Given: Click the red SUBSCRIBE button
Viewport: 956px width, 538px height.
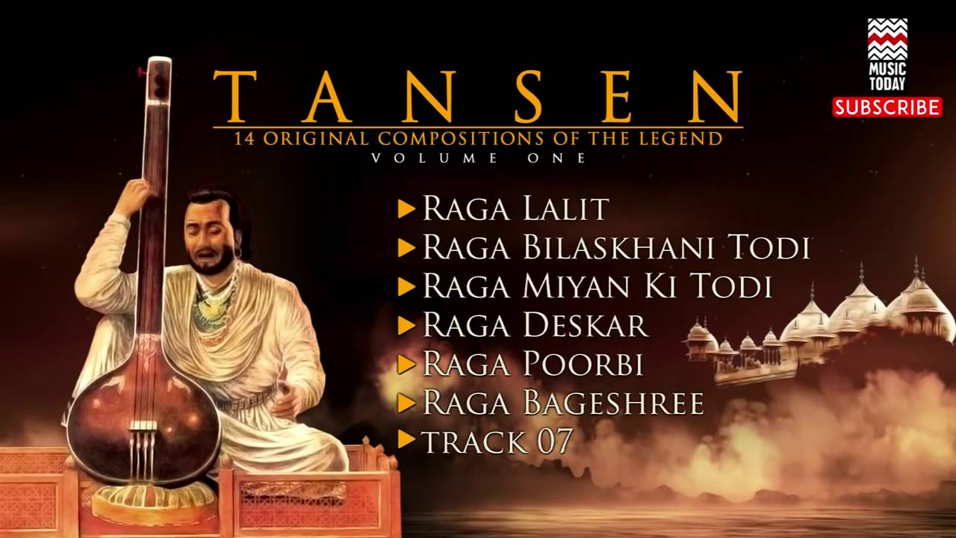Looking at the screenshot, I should click(887, 107).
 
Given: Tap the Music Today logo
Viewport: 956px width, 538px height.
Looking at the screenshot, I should click(887, 55).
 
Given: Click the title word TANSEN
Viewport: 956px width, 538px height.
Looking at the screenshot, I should click(478, 96).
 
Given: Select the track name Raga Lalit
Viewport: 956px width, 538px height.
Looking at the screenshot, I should click(515, 208).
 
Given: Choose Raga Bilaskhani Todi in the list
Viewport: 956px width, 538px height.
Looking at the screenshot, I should click(615, 247).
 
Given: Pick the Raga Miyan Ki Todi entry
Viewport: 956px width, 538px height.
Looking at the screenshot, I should click(597, 286).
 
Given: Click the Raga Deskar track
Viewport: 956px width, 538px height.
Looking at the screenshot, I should click(535, 325).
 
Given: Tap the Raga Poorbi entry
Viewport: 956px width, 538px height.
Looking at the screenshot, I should click(533, 364).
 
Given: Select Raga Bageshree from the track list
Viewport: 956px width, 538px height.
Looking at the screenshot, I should click(563, 403).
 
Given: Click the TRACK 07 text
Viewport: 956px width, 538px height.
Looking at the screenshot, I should click(497, 441).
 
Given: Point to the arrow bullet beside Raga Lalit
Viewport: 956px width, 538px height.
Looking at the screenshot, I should click(406, 208).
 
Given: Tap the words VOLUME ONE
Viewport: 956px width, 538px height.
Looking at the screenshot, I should click(478, 158).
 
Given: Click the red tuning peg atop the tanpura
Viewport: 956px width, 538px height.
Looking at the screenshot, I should click(140, 72).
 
